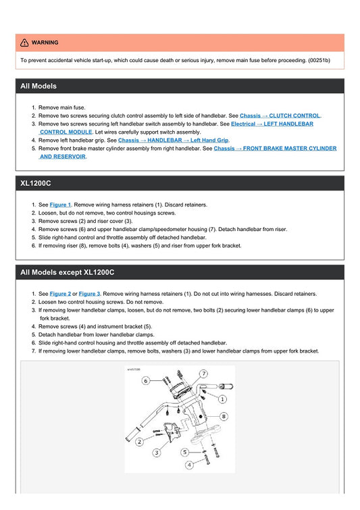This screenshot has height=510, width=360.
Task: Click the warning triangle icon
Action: [x=24, y=43]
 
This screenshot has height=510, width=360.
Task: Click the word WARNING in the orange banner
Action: [x=45, y=43]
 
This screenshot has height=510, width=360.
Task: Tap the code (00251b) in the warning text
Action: [x=319, y=60]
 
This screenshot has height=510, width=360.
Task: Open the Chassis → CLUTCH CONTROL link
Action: [x=280, y=116]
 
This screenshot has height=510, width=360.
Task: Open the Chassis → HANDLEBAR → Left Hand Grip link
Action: [x=173, y=140]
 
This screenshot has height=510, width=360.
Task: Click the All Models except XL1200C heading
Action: [x=68, y=272]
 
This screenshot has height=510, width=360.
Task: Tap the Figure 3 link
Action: [x=90, y=294]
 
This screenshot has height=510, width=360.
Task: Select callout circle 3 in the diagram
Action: [x=157, y=453]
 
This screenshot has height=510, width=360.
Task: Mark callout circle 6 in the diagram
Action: [x=145, y=381]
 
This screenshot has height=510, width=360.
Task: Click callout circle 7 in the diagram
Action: [x=203, y=374]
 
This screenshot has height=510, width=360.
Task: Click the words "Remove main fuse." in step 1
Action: [x=62, y=107]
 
